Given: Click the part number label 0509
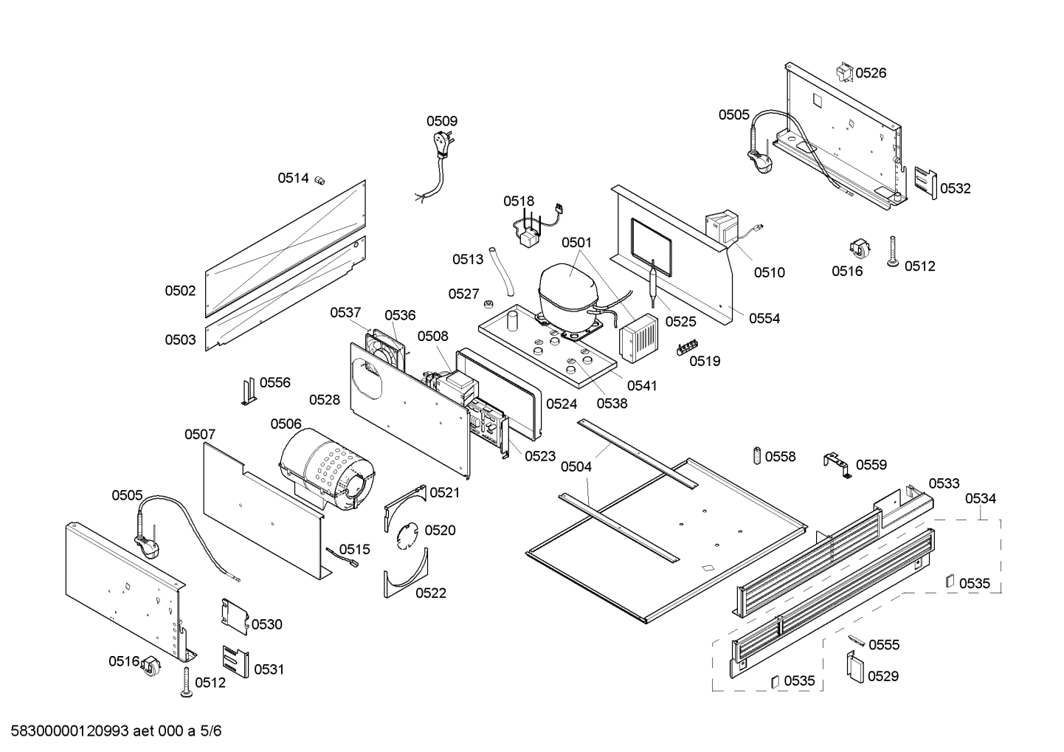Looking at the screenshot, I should click(x=441, y=121).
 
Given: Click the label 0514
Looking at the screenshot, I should click(x=293, y=178).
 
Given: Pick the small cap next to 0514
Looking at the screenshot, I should click(x=320, y=179).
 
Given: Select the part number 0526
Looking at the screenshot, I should click(x=871, y=72).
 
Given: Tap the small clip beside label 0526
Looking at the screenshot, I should click(x=844, y=71).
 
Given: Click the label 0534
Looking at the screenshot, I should click(x=980, y=499).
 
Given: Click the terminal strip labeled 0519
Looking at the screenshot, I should click(x=687, y=348).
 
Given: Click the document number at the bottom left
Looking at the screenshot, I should click(x=111, y=731).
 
